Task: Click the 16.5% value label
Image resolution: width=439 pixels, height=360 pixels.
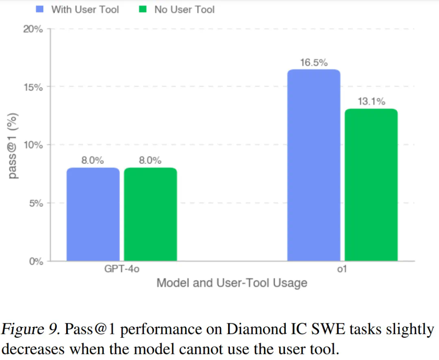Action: pos(314,63)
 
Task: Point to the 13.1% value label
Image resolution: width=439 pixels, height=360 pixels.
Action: pos(371,101)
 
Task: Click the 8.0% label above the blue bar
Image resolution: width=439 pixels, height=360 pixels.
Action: pos(93,160)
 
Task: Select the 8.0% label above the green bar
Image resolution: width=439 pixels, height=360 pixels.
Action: pos(150,160)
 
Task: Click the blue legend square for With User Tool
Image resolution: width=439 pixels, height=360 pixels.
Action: pos(40,9)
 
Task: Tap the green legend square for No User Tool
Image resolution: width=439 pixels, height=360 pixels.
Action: pos(143,9)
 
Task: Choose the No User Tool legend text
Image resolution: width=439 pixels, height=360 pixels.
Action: pos(184,9)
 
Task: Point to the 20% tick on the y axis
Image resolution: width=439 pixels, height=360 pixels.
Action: pos(33,30)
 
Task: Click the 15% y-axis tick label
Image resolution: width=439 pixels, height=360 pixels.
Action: pos(33,87)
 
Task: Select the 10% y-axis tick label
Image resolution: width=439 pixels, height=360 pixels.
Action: pos(33,145)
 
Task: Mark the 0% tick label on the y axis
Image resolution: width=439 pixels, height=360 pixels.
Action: pos(35,262)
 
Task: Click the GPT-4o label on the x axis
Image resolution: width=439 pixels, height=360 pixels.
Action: pos(122,269)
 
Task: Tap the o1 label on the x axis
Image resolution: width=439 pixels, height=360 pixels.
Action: pos(342,269)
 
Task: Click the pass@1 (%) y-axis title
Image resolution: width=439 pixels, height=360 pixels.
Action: pos(13,145)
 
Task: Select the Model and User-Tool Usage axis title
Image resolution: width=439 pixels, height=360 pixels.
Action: pos(232,283)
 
